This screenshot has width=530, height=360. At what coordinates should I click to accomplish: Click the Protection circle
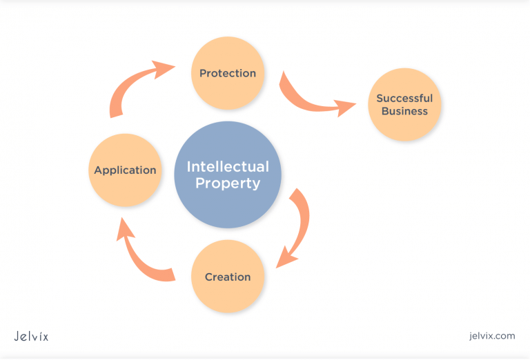pos(228,72)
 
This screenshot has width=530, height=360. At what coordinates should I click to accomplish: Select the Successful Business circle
pos(404,105)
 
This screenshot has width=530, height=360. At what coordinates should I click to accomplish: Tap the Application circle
pos(126,170)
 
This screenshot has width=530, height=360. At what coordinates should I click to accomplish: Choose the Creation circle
pos(228,277)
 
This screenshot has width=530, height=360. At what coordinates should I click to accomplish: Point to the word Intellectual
pos(228,167)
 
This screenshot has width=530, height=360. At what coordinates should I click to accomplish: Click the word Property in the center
pos(228,184)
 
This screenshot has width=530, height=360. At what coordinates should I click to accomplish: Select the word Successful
pos(404,99)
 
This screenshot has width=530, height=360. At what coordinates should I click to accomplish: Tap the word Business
pos(404,112)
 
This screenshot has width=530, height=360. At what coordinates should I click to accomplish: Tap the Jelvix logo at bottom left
pos(31,336)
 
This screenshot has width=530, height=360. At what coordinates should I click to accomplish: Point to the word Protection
pos(228,73)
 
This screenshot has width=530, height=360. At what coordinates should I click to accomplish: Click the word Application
pos(126,170)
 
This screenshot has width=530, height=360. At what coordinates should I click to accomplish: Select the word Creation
pos(228,277)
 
